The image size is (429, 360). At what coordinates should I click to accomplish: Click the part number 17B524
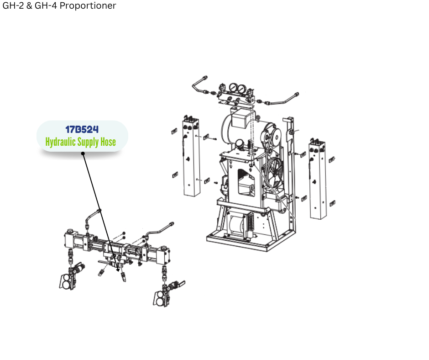82,129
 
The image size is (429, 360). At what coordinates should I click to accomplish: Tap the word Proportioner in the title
88,5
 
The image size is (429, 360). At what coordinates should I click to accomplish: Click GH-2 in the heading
13,5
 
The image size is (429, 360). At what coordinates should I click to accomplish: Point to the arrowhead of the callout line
118,270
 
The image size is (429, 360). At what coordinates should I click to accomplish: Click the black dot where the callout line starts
83,153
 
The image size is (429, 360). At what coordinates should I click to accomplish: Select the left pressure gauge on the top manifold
233,88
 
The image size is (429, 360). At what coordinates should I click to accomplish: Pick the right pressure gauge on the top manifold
241,89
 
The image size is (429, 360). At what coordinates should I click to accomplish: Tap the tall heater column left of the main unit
191,157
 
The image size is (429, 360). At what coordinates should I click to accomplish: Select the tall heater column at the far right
317,180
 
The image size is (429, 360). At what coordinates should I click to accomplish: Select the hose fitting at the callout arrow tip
123,276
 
